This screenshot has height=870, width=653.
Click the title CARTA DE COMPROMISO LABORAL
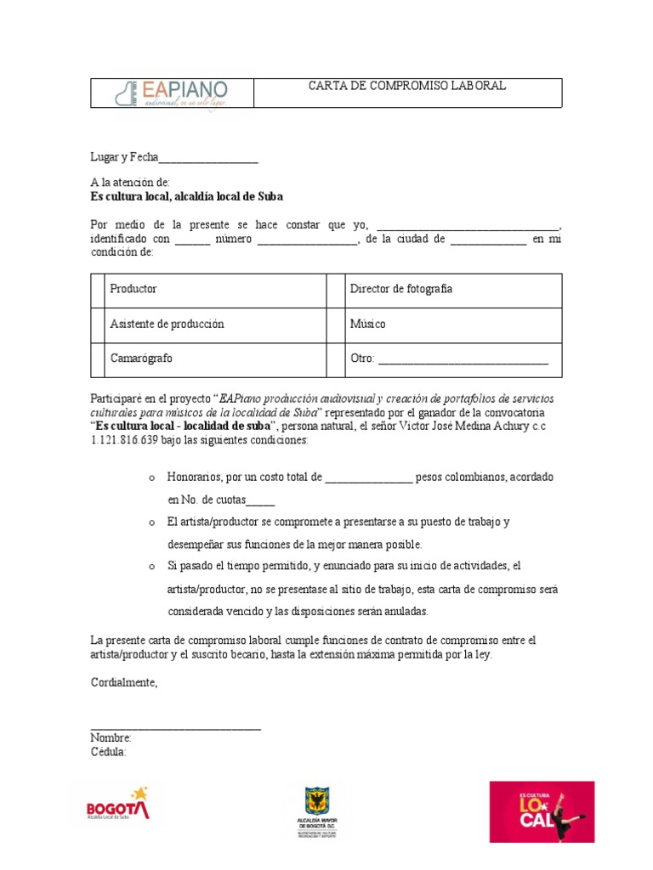406,86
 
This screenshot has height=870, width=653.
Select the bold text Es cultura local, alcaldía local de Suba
187,196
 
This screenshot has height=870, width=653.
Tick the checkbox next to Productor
98,290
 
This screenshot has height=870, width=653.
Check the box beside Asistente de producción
98,325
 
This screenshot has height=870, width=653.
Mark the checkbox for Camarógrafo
98,359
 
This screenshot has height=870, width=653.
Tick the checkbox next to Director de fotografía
333,290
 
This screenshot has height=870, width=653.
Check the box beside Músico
333,325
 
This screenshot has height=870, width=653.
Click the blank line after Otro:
463,360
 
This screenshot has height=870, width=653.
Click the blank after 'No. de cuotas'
260,501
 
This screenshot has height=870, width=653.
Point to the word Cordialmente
124,682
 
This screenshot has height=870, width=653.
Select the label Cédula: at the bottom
109,753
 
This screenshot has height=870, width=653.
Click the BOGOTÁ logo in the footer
118,805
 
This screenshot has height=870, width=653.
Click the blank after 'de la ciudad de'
488,240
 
